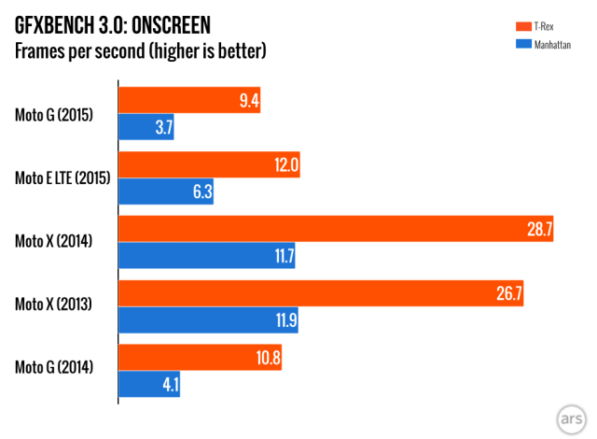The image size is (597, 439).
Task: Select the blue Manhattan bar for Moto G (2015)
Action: [x=146, y=128]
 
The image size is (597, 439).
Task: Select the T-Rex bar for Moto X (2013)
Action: [x=323, y=293]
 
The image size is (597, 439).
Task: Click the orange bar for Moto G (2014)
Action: [x=200, y=358]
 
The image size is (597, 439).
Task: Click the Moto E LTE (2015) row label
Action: [x=62, y=178]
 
